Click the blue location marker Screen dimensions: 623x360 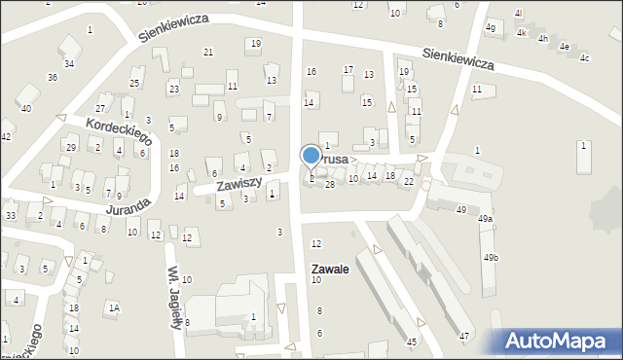coord(311,156)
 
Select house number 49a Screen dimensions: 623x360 coord(485,219)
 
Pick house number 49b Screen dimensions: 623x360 coord(489,257)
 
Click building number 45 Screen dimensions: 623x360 coord(412,342)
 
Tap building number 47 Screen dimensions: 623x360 coord(464,336)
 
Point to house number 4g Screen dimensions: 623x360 coord(491,27)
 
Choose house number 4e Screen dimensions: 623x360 coord(564,45)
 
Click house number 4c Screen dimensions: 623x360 coord(584,58)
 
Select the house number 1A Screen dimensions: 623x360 coord(114,307)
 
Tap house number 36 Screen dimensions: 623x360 coord(53,77)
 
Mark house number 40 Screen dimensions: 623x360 coord(26,108)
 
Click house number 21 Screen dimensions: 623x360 coord(207,52)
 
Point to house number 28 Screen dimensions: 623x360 coord(330,184)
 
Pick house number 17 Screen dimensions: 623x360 coord(348,70)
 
